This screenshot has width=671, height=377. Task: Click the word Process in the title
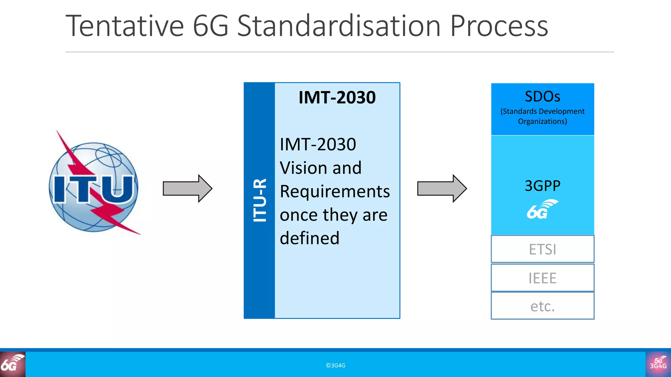(x=499, y=26)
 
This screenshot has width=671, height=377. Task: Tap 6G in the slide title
(x=210, y=26)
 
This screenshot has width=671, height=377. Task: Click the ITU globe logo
(x=94, y=187)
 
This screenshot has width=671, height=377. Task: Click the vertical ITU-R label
(x=260, y=200)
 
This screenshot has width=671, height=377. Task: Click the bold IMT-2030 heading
(x=337, y=98)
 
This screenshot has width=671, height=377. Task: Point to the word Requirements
(x=335, y=191)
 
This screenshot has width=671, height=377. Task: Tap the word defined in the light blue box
(x=310, y=238)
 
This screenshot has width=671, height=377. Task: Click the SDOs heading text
(x=542, y=97)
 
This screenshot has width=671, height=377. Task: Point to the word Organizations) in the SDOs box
(x=542, y=121)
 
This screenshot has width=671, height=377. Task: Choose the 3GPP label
(x=543, y=186)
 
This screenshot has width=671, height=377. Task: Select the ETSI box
(x=543, y=249)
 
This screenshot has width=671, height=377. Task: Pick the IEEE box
(x=543, y=278)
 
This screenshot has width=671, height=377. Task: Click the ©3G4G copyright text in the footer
(x=335, y=366)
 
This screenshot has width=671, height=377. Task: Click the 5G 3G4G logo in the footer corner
(x=658, y=364)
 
